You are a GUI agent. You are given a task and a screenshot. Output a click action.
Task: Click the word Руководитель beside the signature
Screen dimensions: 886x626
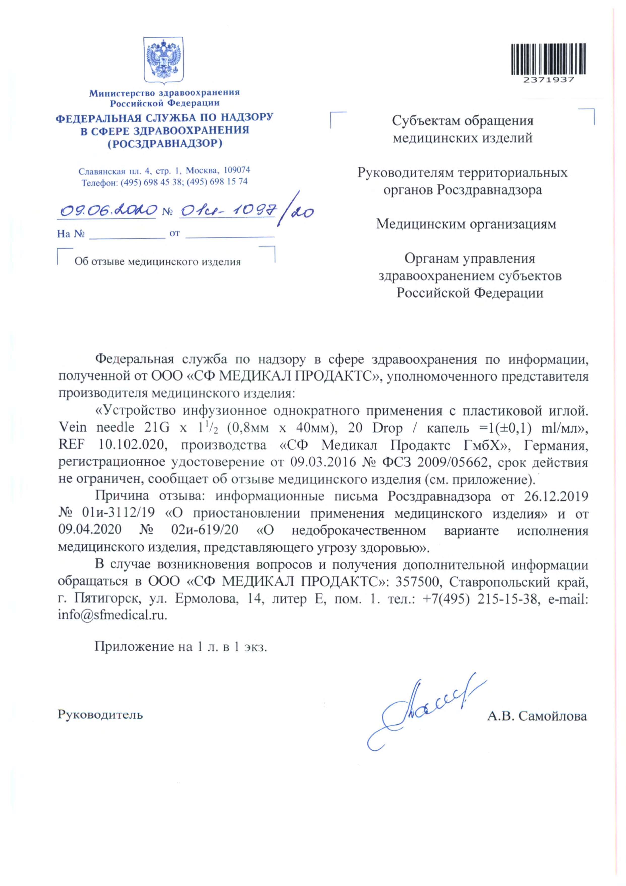100,715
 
